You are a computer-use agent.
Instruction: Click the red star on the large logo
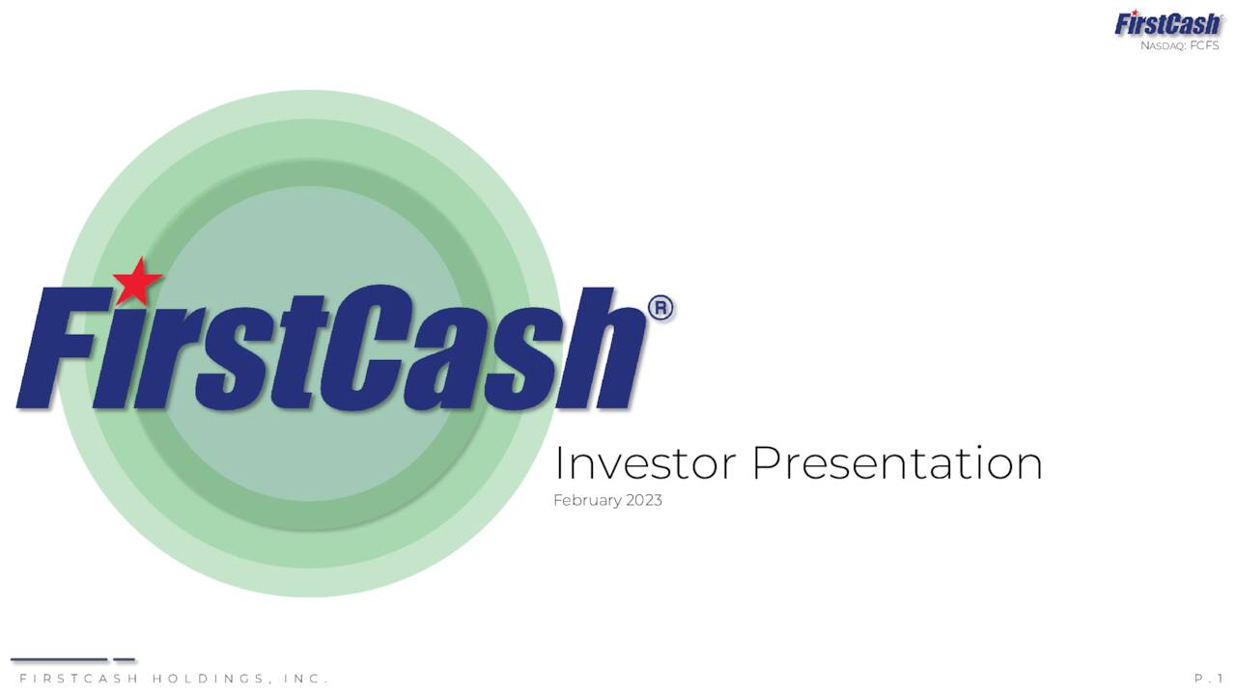(x=137, y=281)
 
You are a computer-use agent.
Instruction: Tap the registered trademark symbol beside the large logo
(x=661, y=309)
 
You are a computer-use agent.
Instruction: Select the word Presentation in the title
(x=897, y=463)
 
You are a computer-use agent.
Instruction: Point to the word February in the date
(x=587, y=500)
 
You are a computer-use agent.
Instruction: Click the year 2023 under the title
(x=643, y=500)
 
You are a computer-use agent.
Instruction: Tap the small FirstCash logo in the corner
(x=1167, y=23)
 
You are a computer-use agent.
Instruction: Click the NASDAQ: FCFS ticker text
(x=1179, y=45)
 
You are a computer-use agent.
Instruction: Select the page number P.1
(x=1208, y=679)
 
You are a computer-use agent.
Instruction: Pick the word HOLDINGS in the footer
(x=207, y=679)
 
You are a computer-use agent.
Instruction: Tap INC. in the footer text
(x=306, y=679)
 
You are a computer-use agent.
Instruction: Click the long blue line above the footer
(x=59, y=660)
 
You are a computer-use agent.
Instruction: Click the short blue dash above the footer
(x=124, y=660)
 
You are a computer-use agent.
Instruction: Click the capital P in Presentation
(x=768, y=463)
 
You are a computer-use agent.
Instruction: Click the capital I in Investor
(x=558, y=463)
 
